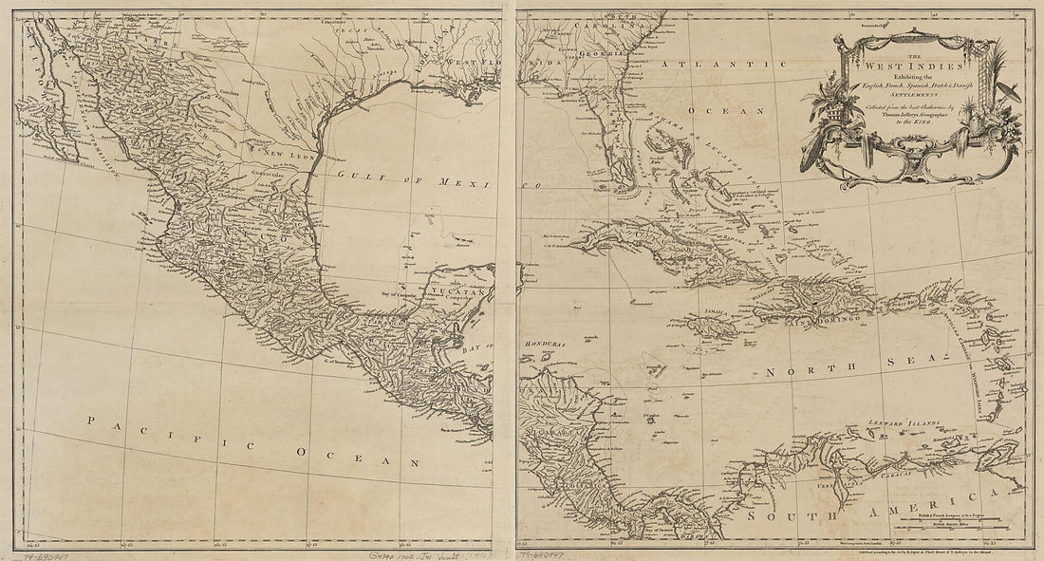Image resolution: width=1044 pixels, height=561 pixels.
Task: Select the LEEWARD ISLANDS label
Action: [x=902, y=421]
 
